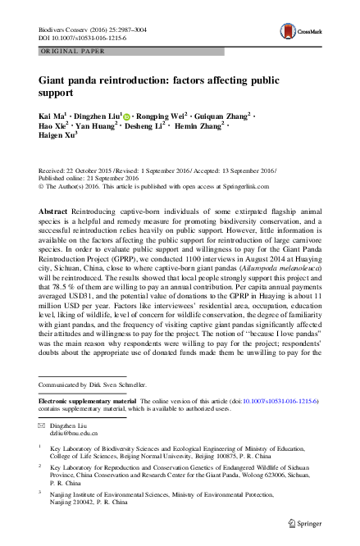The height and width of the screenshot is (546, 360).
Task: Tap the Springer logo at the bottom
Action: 315,522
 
